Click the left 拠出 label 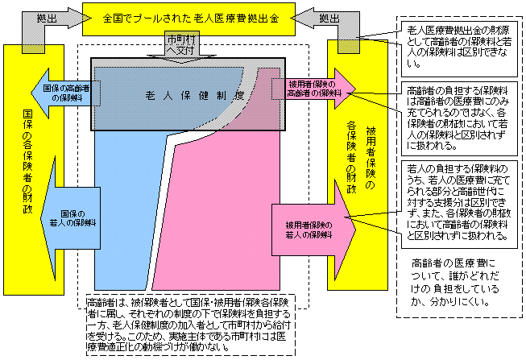45,16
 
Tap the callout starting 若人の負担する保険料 457,201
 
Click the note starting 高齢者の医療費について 455,282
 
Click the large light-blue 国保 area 129,209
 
